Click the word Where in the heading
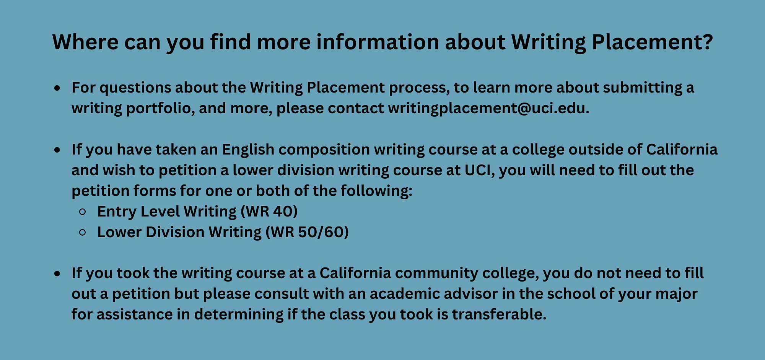(85, 42)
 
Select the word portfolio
(158, 108)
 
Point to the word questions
(135, 88)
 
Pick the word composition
(324, 150)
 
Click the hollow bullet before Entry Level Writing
(82, 212)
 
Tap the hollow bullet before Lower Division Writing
(82, 232)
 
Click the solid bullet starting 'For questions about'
(57, 88)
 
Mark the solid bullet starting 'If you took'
(57, 274)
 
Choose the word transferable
(499, 314)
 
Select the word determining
(239, 315)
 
